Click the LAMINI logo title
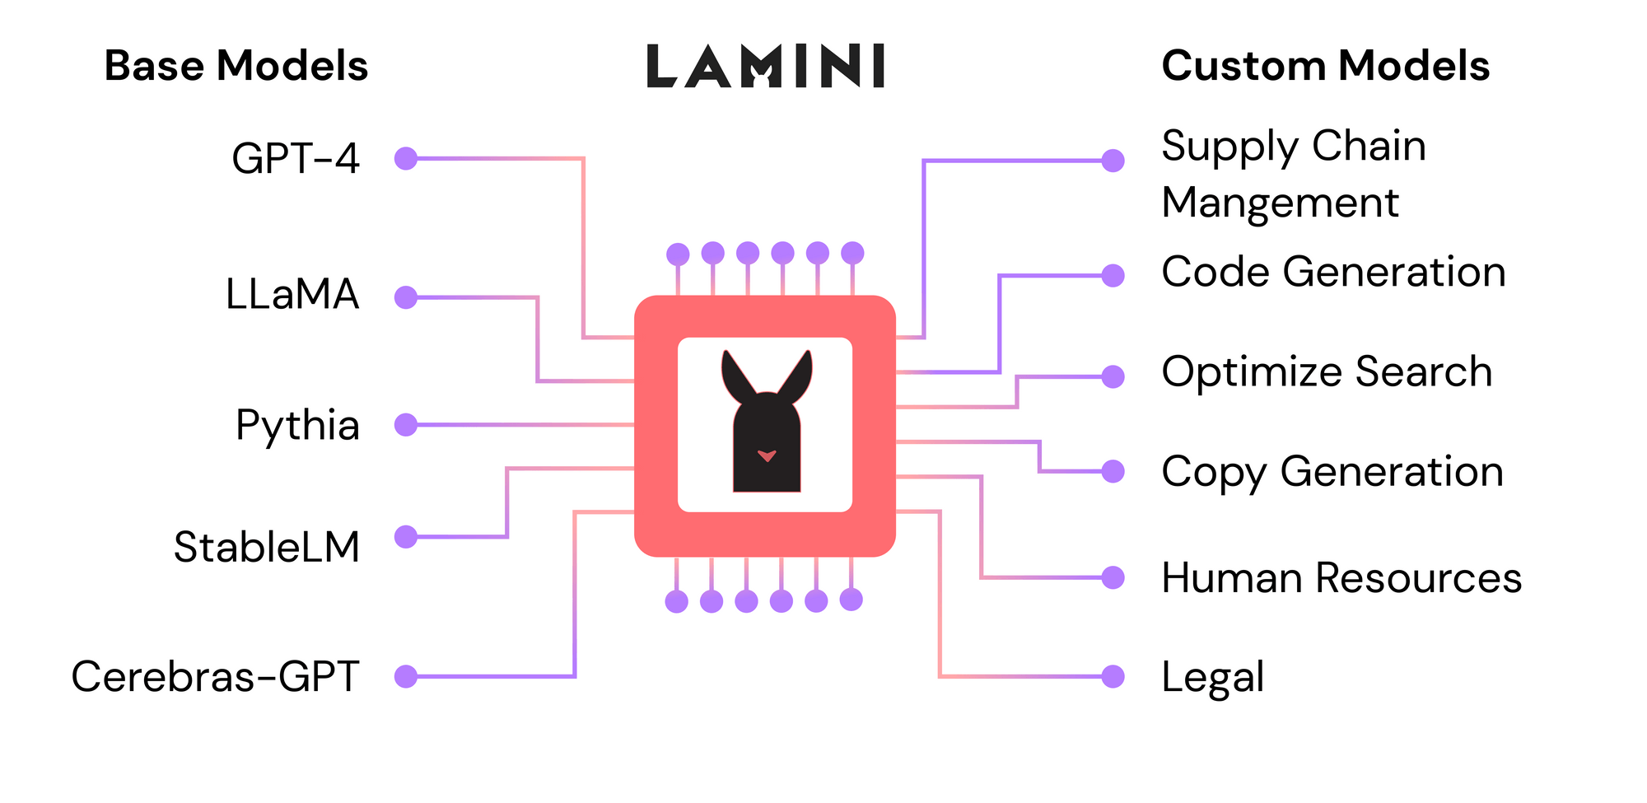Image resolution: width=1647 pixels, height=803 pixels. [765, 66]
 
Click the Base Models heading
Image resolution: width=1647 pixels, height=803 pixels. [236, 66]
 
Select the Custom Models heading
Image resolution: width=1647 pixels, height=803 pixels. [1325, 66]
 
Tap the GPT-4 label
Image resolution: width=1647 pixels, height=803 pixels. [295, 158]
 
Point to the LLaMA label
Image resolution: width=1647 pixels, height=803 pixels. [292, 294]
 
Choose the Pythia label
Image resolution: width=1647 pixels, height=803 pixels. [297, 426]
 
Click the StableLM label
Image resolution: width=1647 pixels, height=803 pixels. [267, 547]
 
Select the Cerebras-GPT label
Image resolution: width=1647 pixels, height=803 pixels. [215, 677]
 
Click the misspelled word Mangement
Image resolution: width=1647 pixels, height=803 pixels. [1280, 203]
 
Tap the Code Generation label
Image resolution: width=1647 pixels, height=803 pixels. [1333, 272]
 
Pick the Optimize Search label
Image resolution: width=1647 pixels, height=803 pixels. [1327, 372]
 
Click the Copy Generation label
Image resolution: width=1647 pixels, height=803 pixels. [1332, 472]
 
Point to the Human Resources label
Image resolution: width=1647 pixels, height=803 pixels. [1341, 577]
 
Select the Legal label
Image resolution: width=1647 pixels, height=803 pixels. [1212, 678]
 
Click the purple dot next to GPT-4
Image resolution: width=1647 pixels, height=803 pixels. [406, 158]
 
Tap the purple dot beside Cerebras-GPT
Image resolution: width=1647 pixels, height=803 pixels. [406, 677]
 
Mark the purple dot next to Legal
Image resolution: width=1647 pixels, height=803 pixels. [1113, 677]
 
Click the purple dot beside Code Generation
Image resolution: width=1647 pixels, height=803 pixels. [1113, 275]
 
